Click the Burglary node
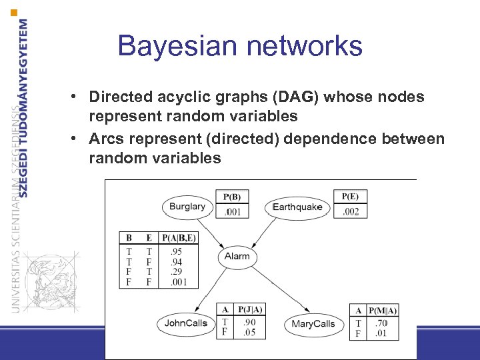point(187,207)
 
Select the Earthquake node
point(297,207)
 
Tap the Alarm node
point(237,256)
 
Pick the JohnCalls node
point(186,324)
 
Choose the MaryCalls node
point(313,325)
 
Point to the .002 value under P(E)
point(350,212)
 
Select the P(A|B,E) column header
point(179,237)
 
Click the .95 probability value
point(176,252)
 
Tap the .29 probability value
point(176,272)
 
